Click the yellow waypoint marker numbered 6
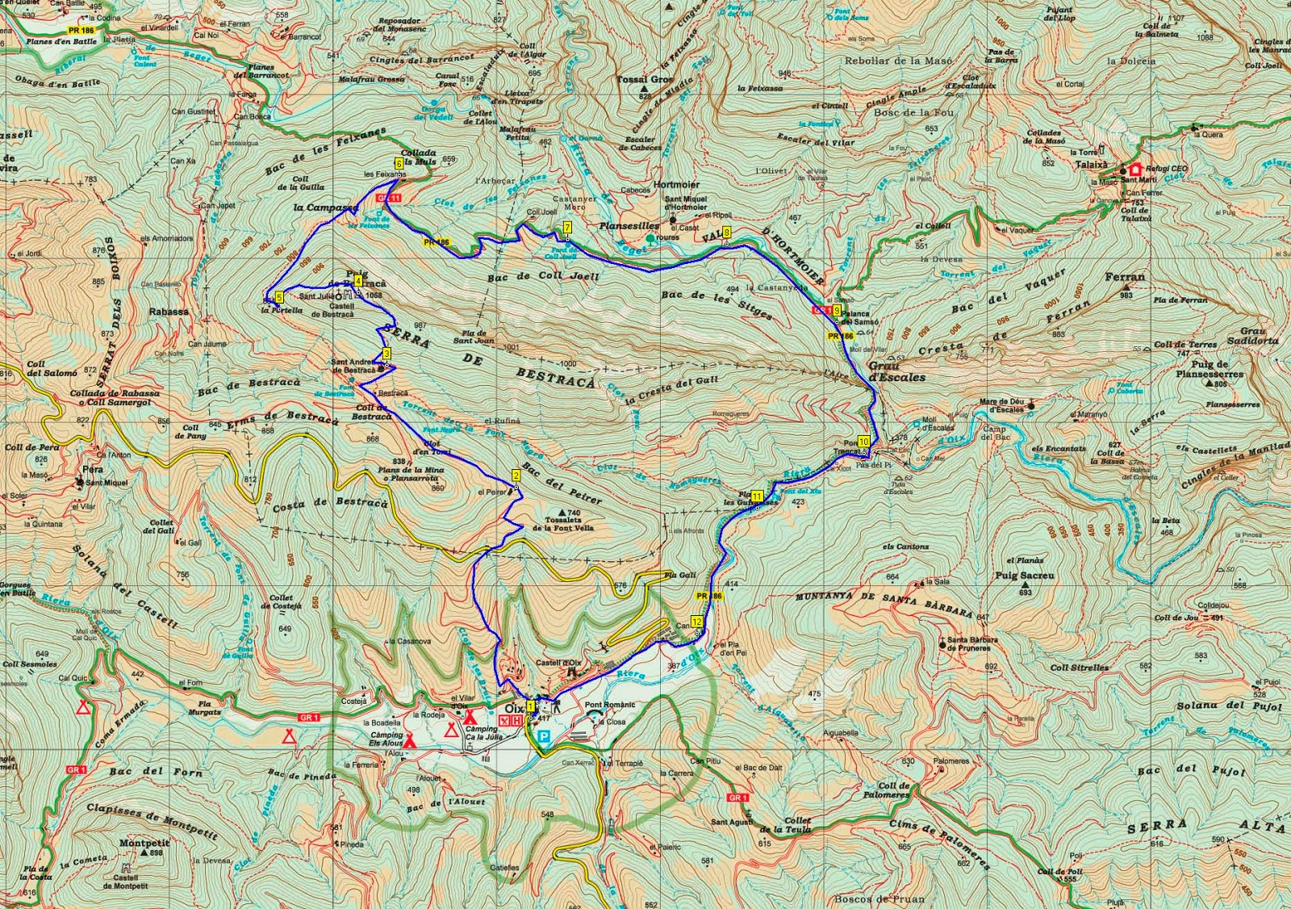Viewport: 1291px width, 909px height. coord(399,163)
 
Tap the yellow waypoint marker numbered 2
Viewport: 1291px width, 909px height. coord(516,475)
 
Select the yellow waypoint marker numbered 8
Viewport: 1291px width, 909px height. coord(727,233)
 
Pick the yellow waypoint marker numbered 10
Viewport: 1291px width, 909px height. coord(863,442)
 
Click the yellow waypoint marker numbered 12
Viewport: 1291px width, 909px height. coord(696,622)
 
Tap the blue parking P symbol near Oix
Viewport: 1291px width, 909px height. coord(545,736)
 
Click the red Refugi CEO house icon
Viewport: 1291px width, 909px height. coord(1136,170)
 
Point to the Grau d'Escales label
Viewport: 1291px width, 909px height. coord(896,371)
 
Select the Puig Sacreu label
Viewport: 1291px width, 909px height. coord(1025,576)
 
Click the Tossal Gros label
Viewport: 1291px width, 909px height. coord(645,80)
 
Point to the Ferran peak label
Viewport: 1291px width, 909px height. coord(1125,277)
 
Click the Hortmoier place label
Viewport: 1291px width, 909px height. coord(676,185)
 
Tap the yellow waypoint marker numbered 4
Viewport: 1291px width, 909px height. coord(358,281)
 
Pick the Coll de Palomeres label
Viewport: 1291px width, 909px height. coord(894,790)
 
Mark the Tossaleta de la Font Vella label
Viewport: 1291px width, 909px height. coord(563,524)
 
